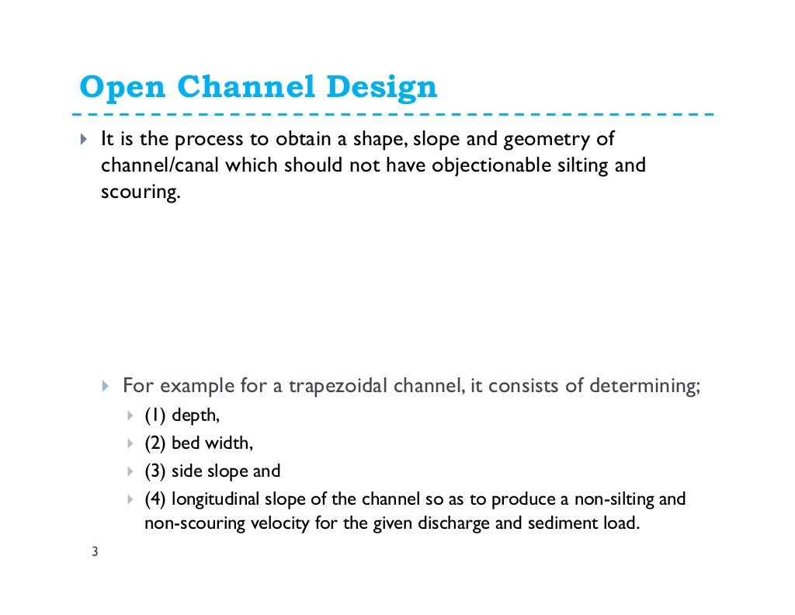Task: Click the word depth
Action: [x=196, y=416]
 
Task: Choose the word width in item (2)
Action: [x=230, y=443]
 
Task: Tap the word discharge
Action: [x=454, y=523]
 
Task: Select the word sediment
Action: [x=558, y=523]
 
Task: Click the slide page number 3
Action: [x=94, y=553]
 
